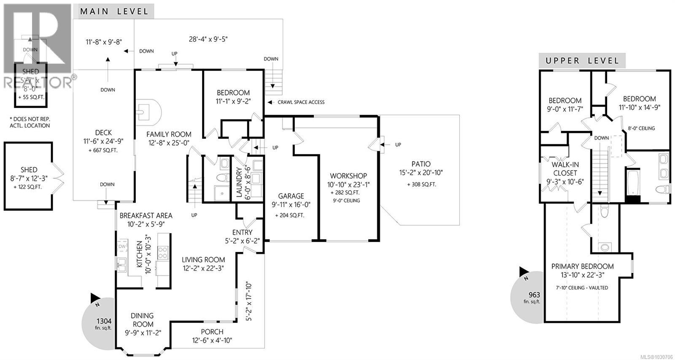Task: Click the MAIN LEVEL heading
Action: tap(114, 11)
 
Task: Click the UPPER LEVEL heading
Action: tap(582, 61)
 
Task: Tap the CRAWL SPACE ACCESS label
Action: tap(301, 102)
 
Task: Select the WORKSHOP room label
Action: tap(348, 176)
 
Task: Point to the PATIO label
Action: tap(421, 164)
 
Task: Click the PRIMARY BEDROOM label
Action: tap(583, 266)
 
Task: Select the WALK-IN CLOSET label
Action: tap(564, 169)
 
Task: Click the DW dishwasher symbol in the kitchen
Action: tap(122, 246)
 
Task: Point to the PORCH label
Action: tap(212, 332)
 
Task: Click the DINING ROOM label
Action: tap(143, 320)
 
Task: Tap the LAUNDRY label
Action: tap(239, 182)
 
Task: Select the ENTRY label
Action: tap(243, 232)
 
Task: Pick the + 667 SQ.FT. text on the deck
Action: tap(103, 151)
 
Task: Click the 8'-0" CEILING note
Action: tap(641, 128)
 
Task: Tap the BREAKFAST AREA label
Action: tap(146, 216)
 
